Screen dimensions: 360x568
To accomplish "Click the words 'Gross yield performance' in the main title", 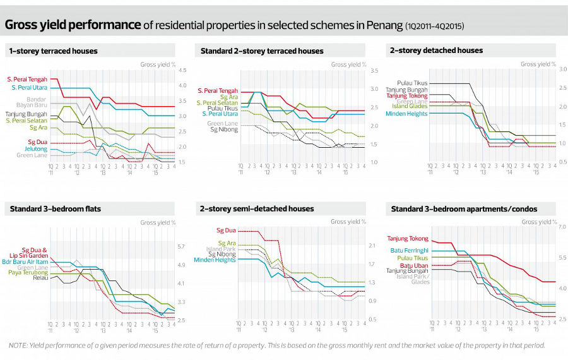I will (x=73, y=25).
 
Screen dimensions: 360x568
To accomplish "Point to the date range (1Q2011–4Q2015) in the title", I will (x=436, y=27).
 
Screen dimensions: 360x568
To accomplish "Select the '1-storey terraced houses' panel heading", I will (x=53, y=51).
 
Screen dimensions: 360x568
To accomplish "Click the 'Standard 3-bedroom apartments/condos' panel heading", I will (x=464, y=208).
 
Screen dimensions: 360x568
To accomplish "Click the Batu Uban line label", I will (x=415, y=265).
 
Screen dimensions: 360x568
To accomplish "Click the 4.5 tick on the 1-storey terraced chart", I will (x=182, y=70).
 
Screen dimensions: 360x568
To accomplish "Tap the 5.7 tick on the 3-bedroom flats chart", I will (x=181, y=246).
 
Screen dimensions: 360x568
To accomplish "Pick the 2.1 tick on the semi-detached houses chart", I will (x=371, y=246).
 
